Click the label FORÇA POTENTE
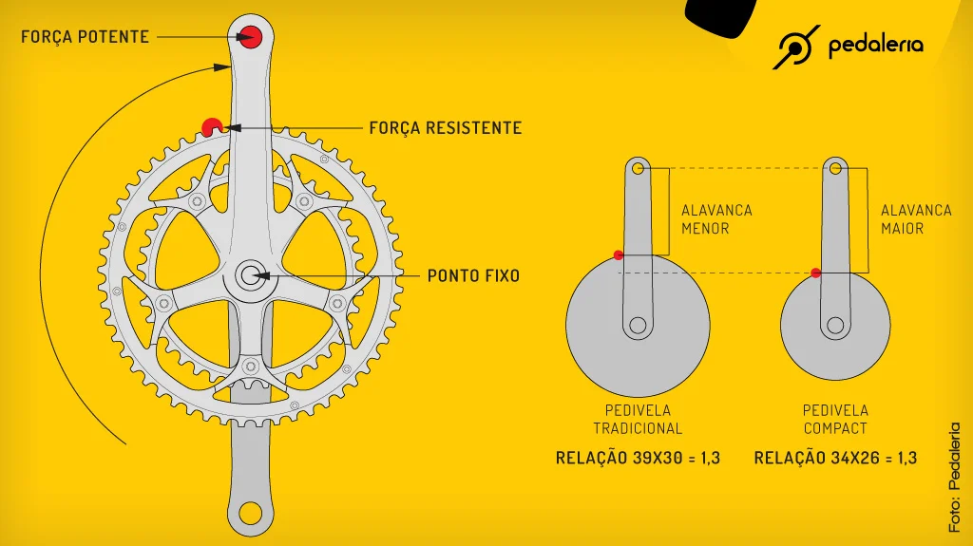coord(85,37)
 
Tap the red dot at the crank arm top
coord(251,37)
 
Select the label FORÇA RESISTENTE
coord(446,128)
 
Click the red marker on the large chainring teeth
coord(212,127)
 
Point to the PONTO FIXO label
coord(473,275)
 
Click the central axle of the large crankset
coord(251,274)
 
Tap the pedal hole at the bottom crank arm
coord(251,513)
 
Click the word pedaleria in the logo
coord(875,46)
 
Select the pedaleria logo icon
coord(796,47)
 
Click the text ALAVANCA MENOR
coord(716,219)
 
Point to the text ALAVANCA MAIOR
coord(916,219)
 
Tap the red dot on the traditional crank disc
coord(618,255)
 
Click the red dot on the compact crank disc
coord(816,273)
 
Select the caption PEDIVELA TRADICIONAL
coord(638,420)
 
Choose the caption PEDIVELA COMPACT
coord(835,420)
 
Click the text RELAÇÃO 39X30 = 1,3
coord(638,458)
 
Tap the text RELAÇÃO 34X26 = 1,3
coord(835,458)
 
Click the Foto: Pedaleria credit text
coord(954,477)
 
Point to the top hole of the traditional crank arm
coord(638,168)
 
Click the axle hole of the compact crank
coord(835,325)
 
